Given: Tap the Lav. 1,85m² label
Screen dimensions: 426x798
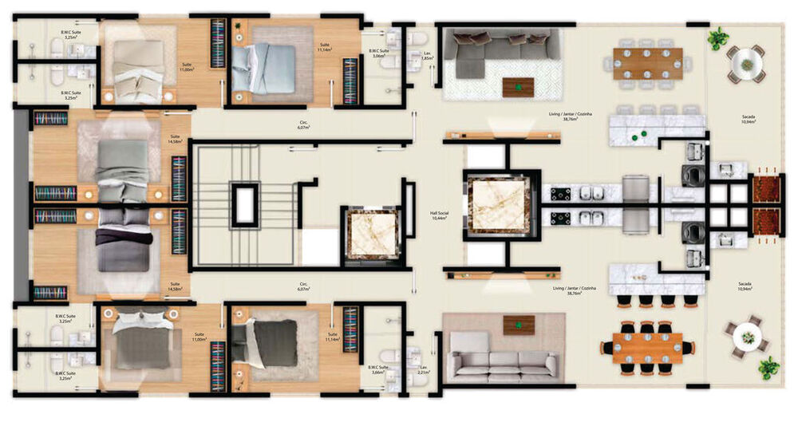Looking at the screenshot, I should [x=427, y=56].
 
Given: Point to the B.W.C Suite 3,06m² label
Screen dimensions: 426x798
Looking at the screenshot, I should [x=378, y=54].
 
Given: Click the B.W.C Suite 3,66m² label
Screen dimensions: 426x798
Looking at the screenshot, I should [x=378, y=369].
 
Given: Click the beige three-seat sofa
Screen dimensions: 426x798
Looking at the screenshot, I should [x=502, y=364].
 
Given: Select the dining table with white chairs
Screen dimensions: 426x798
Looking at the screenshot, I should [x=647, y=63].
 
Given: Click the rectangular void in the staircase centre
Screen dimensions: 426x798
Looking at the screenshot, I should [x=244, y=204].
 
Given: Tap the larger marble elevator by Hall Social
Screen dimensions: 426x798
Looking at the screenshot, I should [x=498, y=204].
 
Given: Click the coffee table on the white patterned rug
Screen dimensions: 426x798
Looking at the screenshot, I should [x=518, y=86].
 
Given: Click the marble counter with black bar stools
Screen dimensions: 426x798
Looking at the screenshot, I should [x=656, y=280].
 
